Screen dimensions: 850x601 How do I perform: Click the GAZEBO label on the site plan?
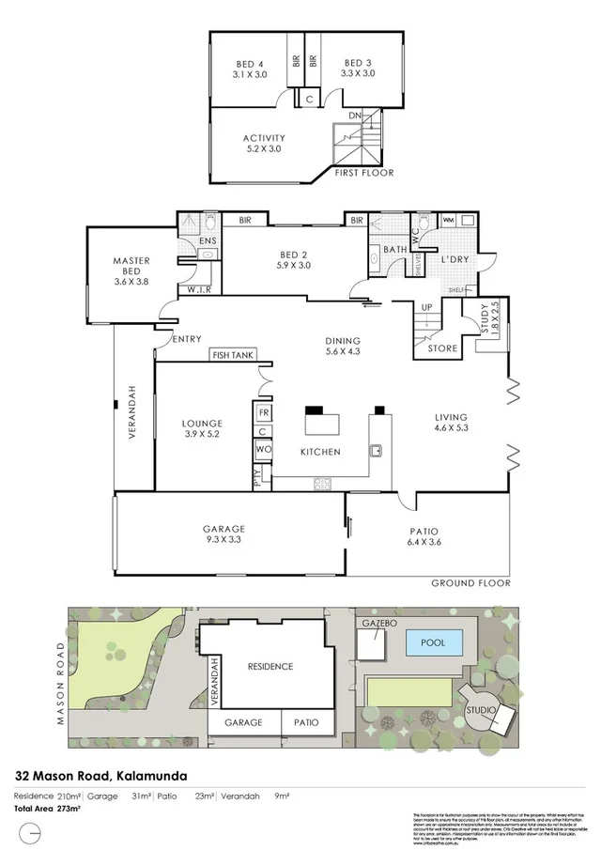click(377, 624)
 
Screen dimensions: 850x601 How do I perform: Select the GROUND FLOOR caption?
click(470, 582)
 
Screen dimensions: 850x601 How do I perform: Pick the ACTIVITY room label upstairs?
click(264, 138)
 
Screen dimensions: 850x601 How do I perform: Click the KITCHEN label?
click(320, 452)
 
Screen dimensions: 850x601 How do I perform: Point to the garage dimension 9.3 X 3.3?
click(223, 541)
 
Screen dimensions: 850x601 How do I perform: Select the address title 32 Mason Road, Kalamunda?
click(100, 777)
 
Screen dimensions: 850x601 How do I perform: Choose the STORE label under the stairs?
click(443, 348)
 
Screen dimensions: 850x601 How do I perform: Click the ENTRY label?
click(187, 339)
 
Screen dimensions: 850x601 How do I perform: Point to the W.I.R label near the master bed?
click(198, 289)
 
